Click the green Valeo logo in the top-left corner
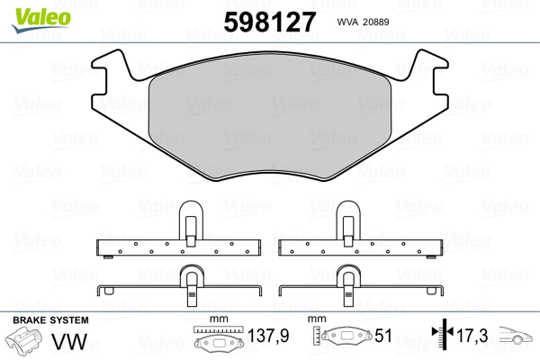pos(31,12)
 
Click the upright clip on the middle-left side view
pos(190,220)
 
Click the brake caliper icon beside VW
pos(25,343)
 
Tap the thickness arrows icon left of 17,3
pos(442,337)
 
